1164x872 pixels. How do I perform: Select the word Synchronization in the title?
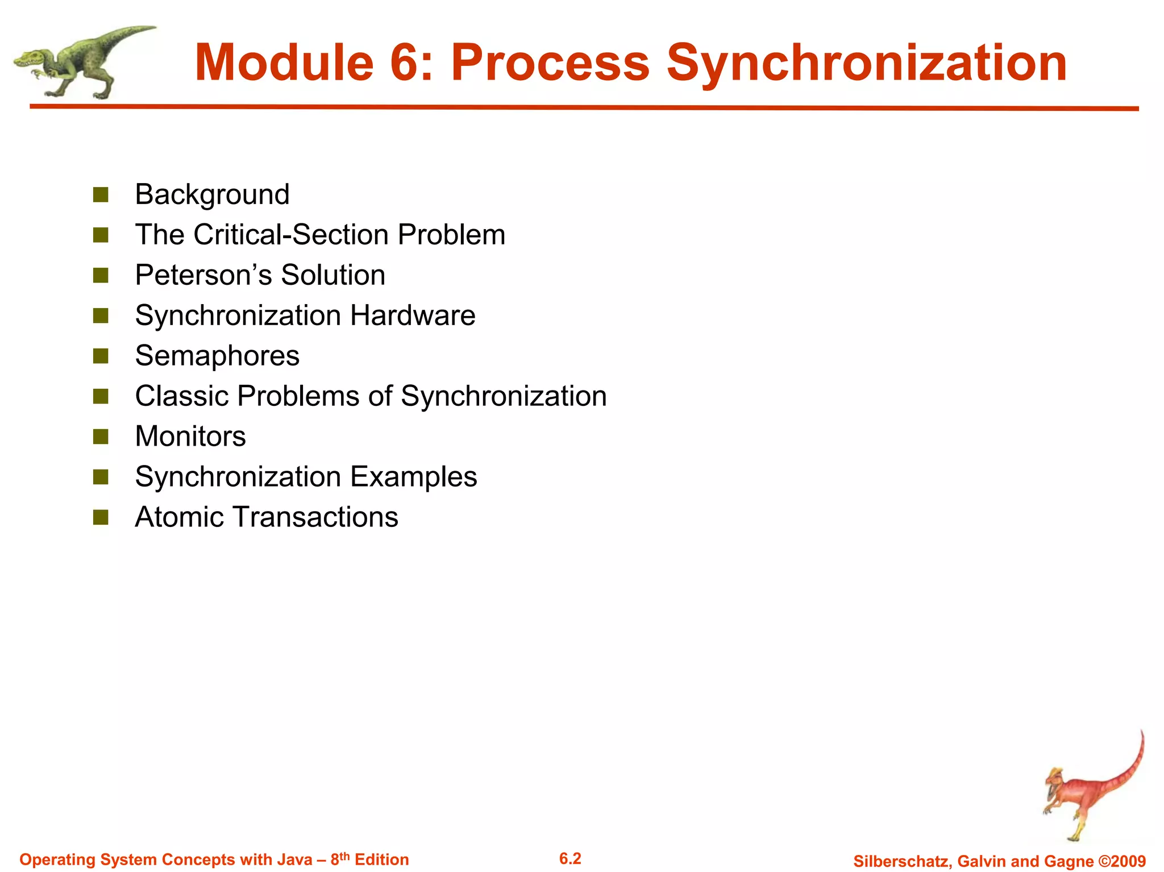tap(866, 64)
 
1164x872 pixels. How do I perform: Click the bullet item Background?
tap(212, 194)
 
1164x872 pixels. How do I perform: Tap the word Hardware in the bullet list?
tap(413, 315)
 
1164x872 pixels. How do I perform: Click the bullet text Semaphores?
tap(217, 356)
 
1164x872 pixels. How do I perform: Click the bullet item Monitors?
tap(190, 437)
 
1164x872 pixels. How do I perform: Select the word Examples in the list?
tap(413, 477)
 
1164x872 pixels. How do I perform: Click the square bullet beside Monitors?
tap(101, 437)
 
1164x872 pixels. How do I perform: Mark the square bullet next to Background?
tap(101, 195)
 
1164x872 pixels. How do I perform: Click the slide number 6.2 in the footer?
tap(570, 858)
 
